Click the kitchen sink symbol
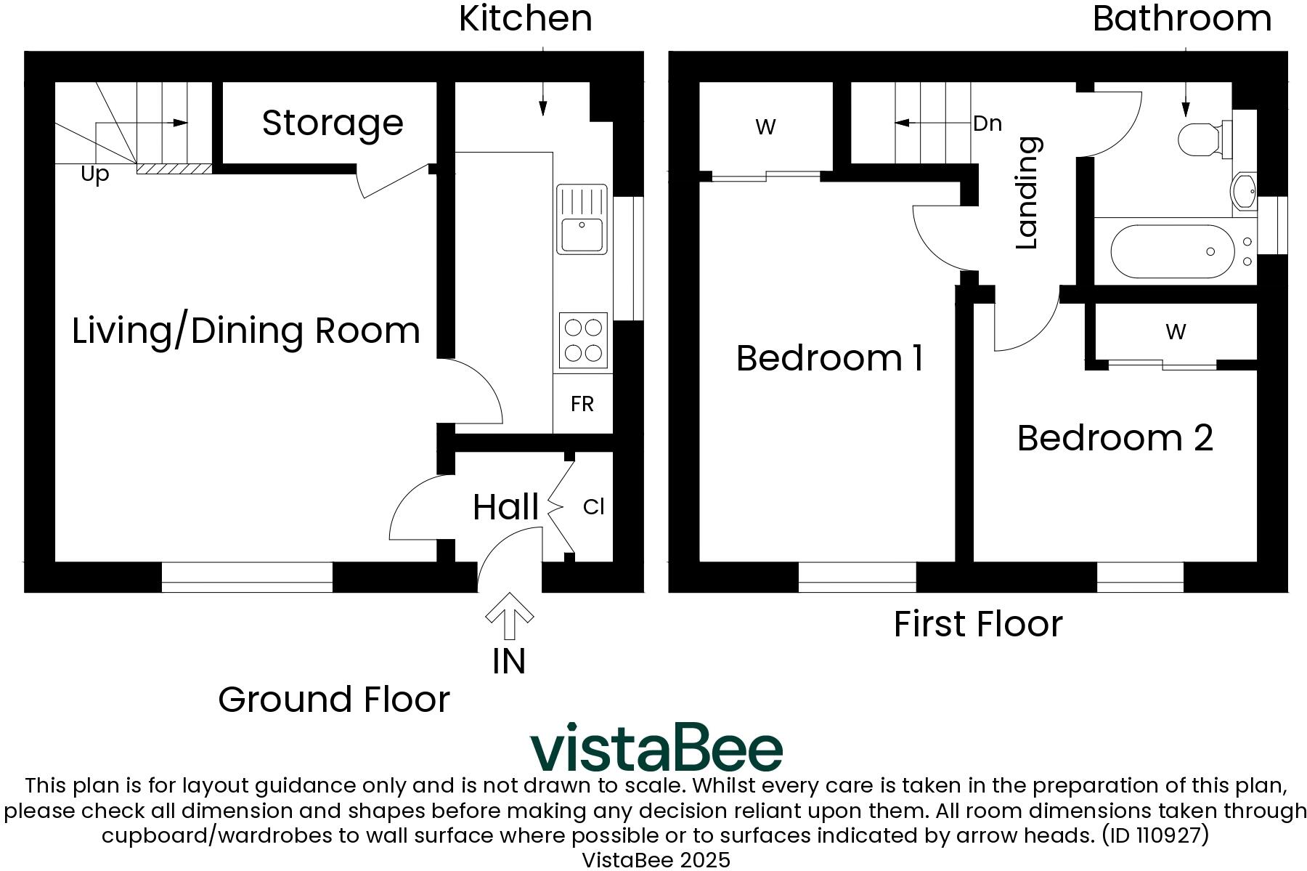[x=582, y=219]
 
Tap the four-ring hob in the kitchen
[x=583, y=340]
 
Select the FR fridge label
[x=582, y=405]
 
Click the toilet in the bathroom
[x=1204, y=138]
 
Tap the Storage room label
[x=333, y=123]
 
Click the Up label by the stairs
[x=95, y=174]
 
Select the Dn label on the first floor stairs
[x=988, y=123]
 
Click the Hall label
[x=505, y=507]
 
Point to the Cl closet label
[x=593, y=507]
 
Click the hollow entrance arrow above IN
[x=509, y=615]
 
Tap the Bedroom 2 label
[x=1115, y=438]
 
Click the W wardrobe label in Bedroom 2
[x=1176, y=332]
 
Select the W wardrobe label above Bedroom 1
[x=765, y=126]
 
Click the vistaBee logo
[x=656, y=747]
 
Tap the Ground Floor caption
[x=334, y=700]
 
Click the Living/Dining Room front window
[x=247, y=577]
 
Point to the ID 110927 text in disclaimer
[x=1155, y=835]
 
